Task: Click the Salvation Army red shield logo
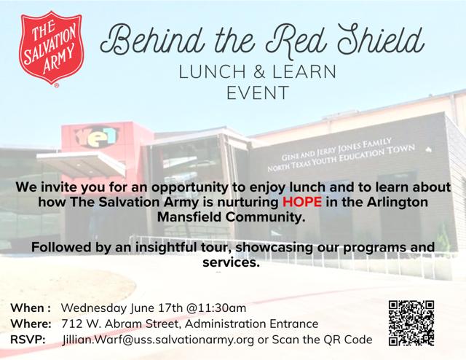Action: (x=51, y=48)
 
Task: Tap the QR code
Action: (x=411, y=323)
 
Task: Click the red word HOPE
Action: (x=302, y=202)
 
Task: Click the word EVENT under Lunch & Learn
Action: (x=258, y=93)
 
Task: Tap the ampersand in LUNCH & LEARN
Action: (x=259, y=71)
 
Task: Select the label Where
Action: (x=31, y=324)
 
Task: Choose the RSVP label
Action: (x=28, y=340)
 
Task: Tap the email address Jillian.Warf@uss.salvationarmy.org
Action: (x=158, y=340)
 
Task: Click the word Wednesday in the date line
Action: (x=94, y=308)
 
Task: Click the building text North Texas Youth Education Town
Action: (x=341, y=158)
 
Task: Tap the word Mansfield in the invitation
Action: (x=189, y=217)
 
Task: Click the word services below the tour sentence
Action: (x=232, y=262)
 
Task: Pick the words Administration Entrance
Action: (x=251, y=324)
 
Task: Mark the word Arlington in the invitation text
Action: (x=398, y=203)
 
